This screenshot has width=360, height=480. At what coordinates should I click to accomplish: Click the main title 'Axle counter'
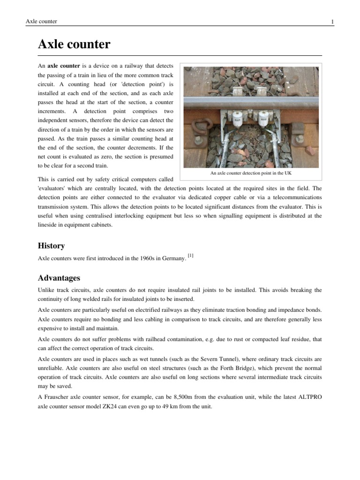coord(74,45)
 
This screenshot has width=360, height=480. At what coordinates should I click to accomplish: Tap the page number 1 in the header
coord(332,22)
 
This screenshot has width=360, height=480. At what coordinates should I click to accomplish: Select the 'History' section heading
coord(51,246)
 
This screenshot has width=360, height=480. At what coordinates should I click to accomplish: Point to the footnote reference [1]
coord(190,255)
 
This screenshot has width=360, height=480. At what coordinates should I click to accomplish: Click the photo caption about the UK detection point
coord(251,173)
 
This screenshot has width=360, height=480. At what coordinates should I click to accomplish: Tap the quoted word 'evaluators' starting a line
coord(53,188)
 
